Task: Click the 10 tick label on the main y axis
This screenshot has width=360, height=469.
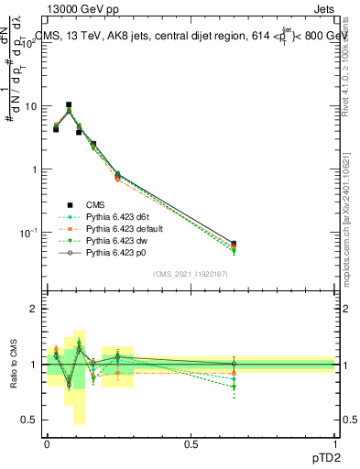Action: coord(32,106)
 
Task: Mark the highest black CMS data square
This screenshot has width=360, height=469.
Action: coord(69,105)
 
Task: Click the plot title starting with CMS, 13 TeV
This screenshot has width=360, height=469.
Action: coord(188,35)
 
